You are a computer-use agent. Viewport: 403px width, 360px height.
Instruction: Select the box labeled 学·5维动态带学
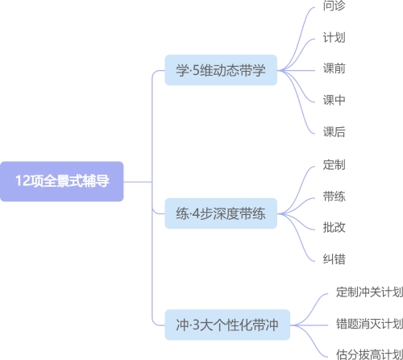(221, 69)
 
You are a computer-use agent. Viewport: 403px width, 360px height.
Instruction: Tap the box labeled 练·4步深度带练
(221, 214)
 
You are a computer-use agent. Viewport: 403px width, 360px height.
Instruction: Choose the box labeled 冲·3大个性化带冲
(227, 325)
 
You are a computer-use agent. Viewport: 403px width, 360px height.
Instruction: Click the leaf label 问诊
(334, 6)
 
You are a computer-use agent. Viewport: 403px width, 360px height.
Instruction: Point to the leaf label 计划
(334, 38)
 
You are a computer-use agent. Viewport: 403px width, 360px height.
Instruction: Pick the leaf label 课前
(334, 69)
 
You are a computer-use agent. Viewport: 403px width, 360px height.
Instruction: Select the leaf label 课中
(334, 101)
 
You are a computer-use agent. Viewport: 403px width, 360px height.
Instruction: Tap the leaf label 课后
(334, 132)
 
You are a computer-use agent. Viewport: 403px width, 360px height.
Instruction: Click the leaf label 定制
(334, 165)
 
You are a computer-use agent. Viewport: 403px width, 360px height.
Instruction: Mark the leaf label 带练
(334, 197)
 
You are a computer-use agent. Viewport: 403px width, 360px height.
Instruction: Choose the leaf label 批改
(334, 228)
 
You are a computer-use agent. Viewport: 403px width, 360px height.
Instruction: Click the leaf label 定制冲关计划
(368, 292)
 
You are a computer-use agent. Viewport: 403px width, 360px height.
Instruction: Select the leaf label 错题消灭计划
(368, 324)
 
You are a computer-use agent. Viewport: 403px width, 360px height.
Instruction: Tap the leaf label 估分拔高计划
(368, 354)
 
